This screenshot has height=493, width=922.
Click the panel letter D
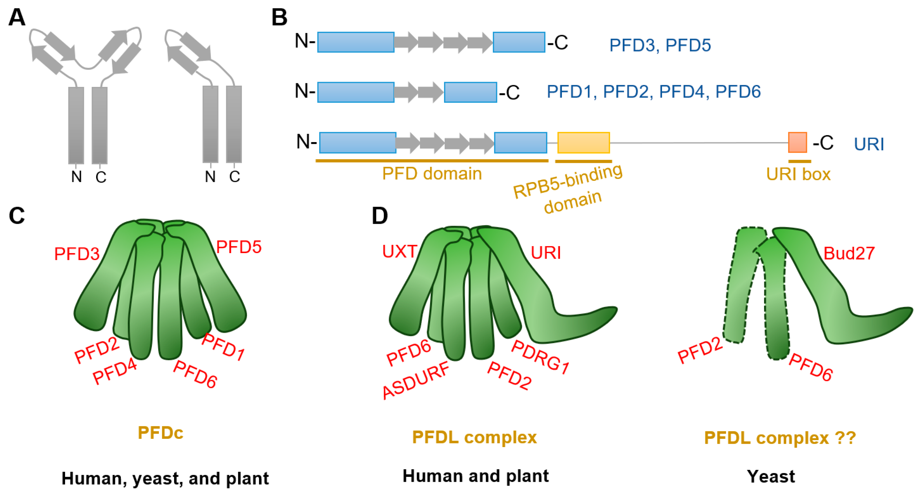tap(380, 216)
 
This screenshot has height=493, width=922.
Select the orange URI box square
tap(797, 142)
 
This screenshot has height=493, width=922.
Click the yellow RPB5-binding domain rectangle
tap(583, 142)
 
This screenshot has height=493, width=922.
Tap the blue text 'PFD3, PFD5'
tap(660, 46)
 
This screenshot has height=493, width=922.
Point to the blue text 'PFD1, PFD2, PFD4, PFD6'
tap(653, 92)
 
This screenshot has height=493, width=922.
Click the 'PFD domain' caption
tap(432, 174)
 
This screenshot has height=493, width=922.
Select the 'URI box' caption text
tap(798, 174)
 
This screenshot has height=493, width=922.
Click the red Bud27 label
tap(849, 253)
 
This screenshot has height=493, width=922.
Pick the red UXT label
tap(399, 252)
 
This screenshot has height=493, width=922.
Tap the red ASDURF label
tap(415, 380)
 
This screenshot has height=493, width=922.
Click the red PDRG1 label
tap(540, 357)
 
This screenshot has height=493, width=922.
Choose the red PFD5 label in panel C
tap(239, 247)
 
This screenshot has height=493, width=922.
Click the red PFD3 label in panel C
tap(77, 254)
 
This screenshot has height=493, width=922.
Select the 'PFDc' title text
tap(160, 433)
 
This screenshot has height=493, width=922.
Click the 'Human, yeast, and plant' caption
tap(165, 478)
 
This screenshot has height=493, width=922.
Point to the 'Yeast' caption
tap(771, 476)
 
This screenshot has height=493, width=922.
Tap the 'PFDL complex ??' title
tap(780, 437)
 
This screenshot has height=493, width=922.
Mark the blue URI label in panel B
tap(869, 144)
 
